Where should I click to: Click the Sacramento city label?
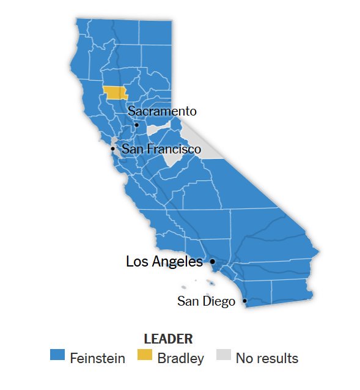(162, 111)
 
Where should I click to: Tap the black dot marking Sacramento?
(136, 125)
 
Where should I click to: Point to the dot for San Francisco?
(112, 149)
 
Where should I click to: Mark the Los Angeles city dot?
(212, 262)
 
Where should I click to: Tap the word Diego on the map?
(220, 301)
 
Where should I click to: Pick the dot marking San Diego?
(244, 301)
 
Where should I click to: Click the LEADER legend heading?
(168, 339)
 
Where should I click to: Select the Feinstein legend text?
(97, 358)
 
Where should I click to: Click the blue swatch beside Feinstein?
(57, 356)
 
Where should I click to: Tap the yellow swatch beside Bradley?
(144, 356)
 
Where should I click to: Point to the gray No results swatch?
(223, 356)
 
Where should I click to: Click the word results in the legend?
(276, 358)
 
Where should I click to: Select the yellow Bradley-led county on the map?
(114, 93)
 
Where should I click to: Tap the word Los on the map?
(137, 262)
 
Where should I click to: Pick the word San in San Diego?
(188, 301)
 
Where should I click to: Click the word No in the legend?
(244, 358)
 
